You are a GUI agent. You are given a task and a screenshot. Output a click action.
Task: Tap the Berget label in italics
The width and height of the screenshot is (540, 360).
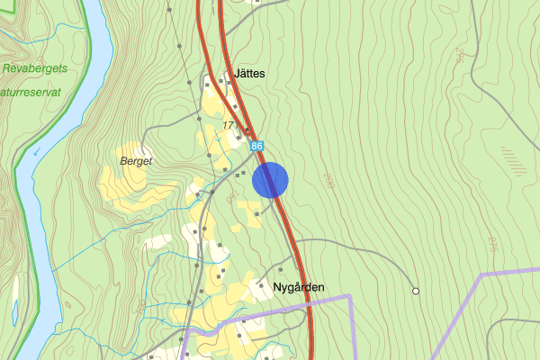136,161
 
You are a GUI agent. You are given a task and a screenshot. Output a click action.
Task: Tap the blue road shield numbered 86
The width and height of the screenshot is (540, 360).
258,146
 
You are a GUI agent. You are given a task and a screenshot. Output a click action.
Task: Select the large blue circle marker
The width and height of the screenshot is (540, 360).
270,179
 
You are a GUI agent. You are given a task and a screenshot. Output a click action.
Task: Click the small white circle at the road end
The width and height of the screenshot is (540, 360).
416,291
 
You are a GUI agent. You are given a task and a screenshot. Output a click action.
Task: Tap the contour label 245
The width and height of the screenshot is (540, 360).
462,56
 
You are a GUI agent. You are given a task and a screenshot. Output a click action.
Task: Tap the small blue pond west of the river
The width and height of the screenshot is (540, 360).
15,312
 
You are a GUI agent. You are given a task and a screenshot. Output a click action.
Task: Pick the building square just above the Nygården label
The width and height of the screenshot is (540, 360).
281,269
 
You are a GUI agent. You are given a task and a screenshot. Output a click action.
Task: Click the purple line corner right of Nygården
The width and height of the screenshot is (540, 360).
349,296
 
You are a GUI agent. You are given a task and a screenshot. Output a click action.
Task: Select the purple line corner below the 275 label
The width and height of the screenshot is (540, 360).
482,273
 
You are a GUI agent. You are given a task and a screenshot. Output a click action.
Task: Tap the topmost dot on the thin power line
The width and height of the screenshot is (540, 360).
168,10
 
